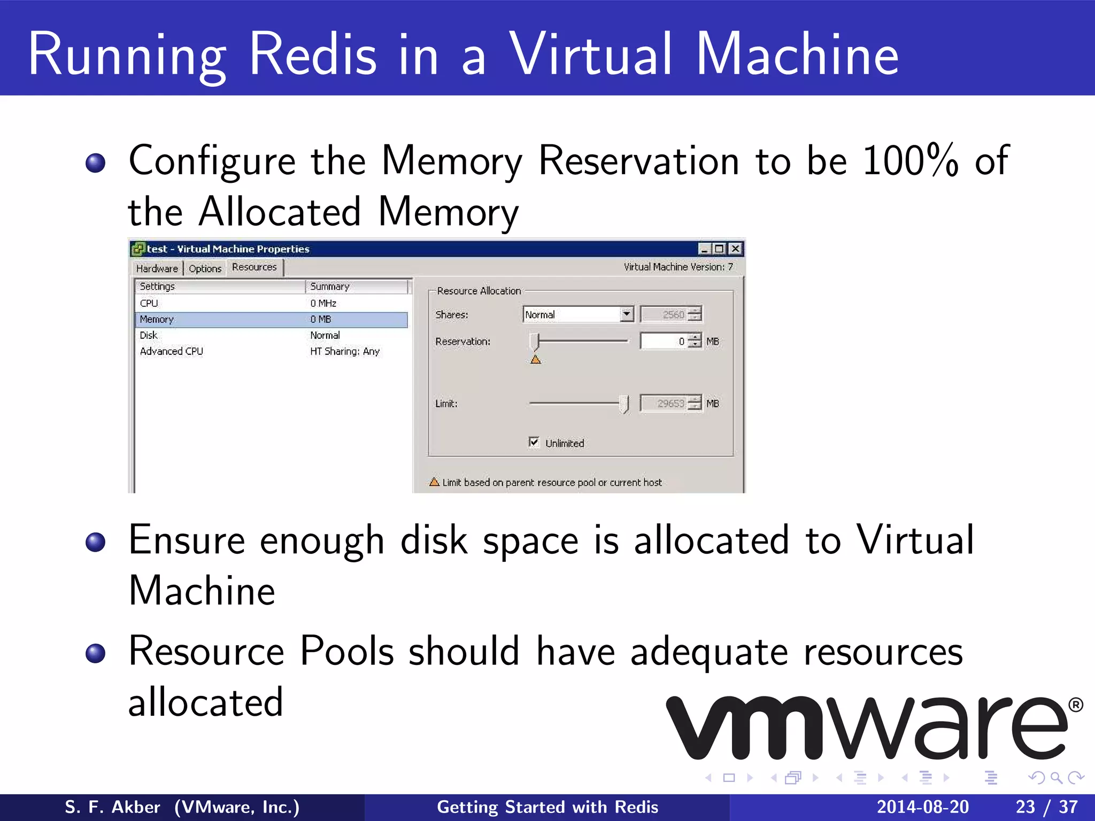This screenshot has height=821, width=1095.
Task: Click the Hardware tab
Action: [x=157, y=268]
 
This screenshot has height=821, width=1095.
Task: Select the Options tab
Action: [x=205, y=268]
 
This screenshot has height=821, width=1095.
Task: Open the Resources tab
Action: [x=255, y=267]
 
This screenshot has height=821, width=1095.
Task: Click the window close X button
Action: [x=736, y=249]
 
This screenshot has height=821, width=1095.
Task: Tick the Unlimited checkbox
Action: [x=534, y=442]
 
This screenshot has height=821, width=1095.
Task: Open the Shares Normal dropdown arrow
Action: [x=627, y=314]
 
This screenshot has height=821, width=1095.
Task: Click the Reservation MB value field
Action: [x=663, y=341]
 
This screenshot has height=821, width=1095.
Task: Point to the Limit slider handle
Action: [x=624, y=404]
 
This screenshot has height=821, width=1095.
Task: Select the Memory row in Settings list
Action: [x=157, y=319]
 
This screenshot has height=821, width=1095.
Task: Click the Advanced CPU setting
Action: [x=172, y=351]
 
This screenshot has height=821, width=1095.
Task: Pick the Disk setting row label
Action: [x=149, y=335]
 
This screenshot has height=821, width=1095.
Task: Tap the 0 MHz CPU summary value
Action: [x=323, y=303]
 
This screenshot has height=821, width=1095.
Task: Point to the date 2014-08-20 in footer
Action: [x=922, y=807]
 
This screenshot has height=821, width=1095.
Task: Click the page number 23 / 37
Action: [x=1046, y=807]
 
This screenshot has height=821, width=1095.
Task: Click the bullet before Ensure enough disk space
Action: [x=96, y=542]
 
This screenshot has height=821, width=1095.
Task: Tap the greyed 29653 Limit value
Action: [x=670, y=404]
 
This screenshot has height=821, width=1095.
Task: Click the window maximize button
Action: [x=720, y=249]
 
